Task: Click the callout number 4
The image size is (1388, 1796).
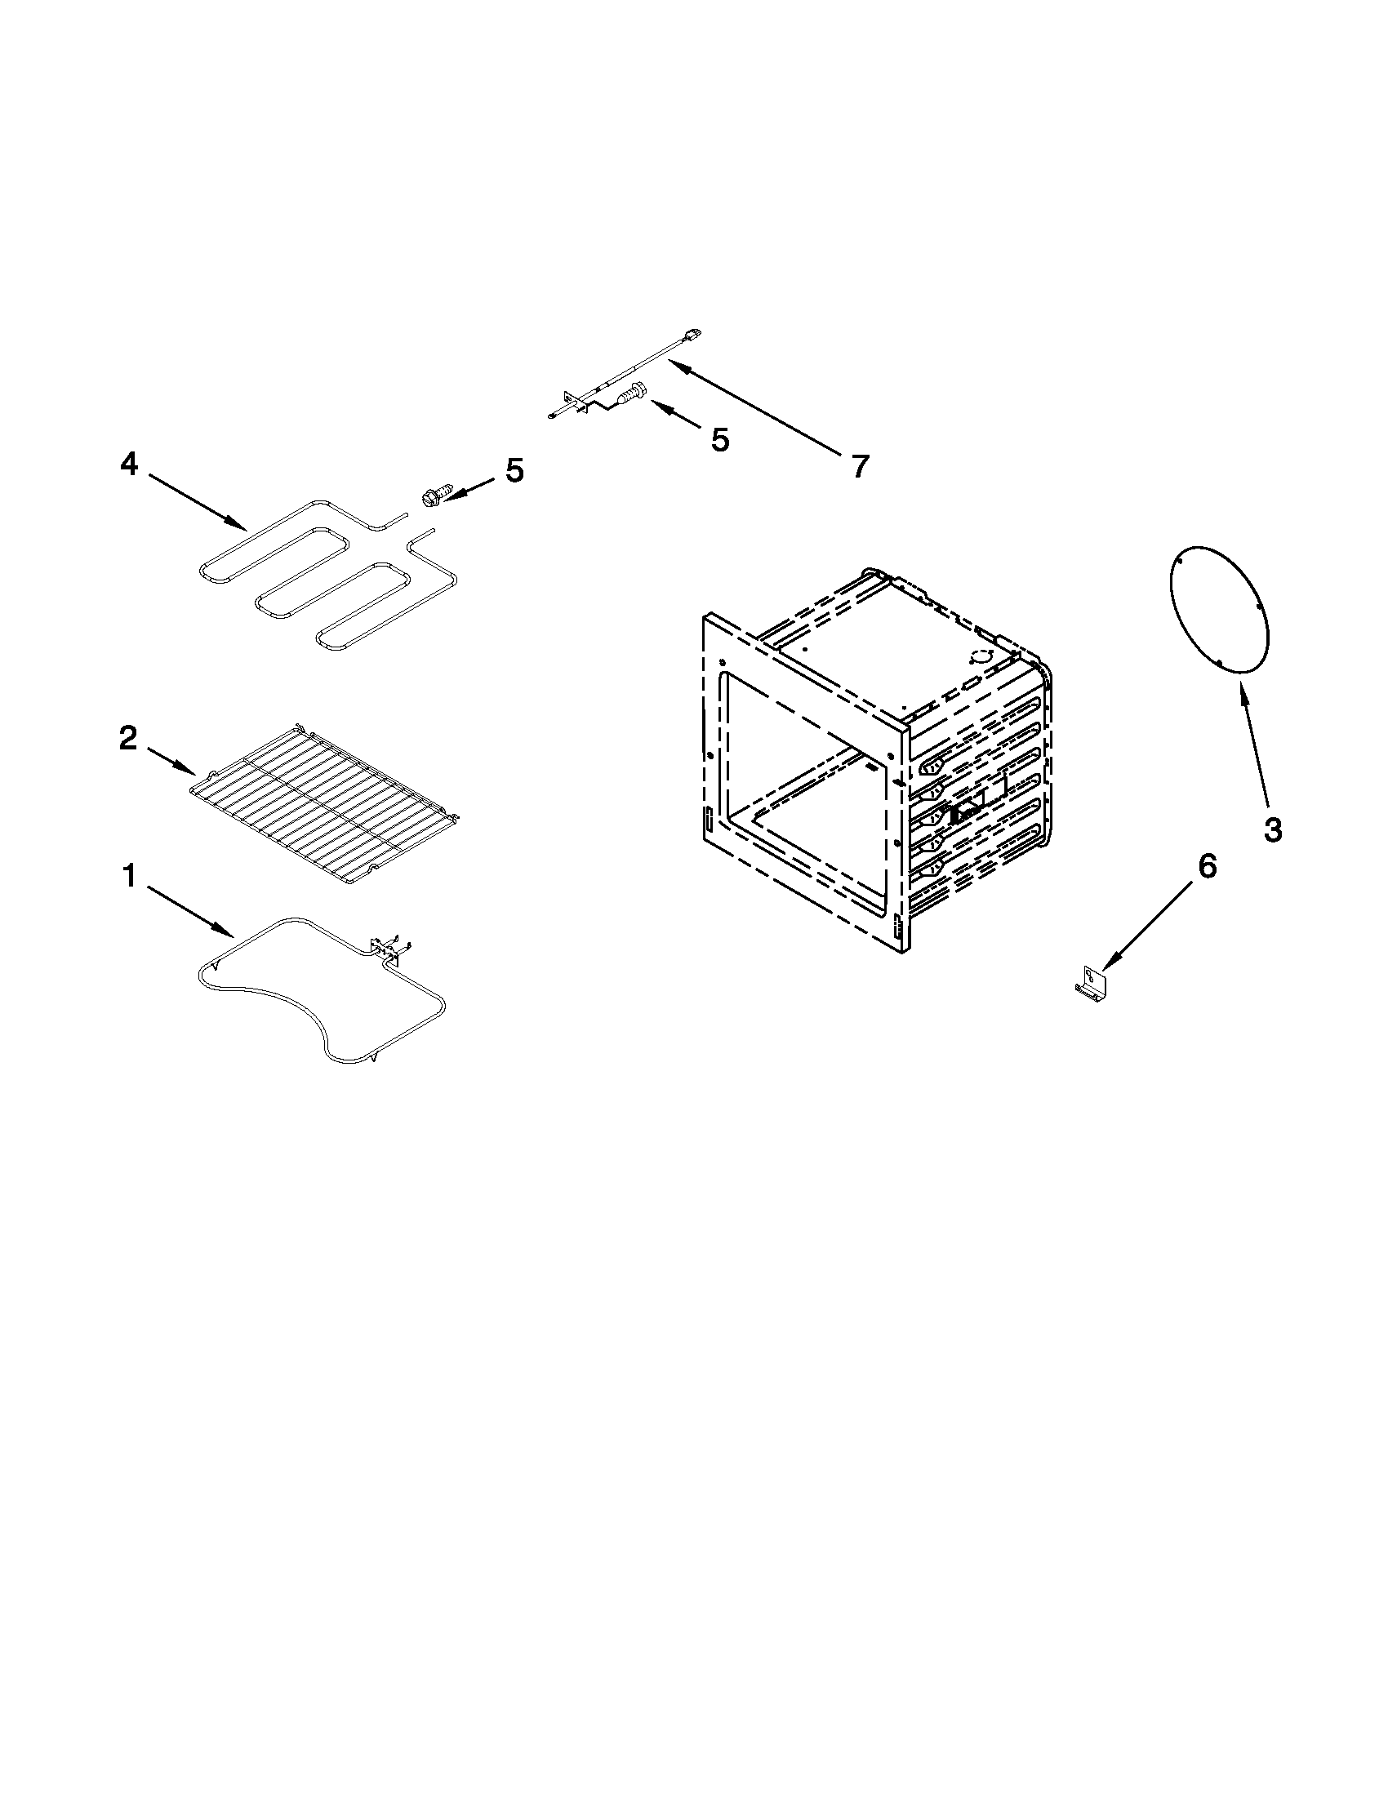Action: tap(129, 465)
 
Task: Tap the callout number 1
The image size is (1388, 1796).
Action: tap(129, 877)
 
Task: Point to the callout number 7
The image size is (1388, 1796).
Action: tap(859, 467)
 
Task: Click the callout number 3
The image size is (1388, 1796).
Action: tap(1272, 829)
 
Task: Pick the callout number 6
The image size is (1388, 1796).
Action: tap(1205, 867)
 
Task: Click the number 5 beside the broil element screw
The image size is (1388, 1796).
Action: tap(514, 471)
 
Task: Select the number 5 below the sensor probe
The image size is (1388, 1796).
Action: tap(719, 441)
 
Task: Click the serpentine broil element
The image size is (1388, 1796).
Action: tap(329, 576)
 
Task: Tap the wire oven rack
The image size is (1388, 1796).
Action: tap(325, 802)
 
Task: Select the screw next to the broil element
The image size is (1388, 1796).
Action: tap(430, 496)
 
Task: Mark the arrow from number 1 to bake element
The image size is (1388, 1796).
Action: tap(191, 911)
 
